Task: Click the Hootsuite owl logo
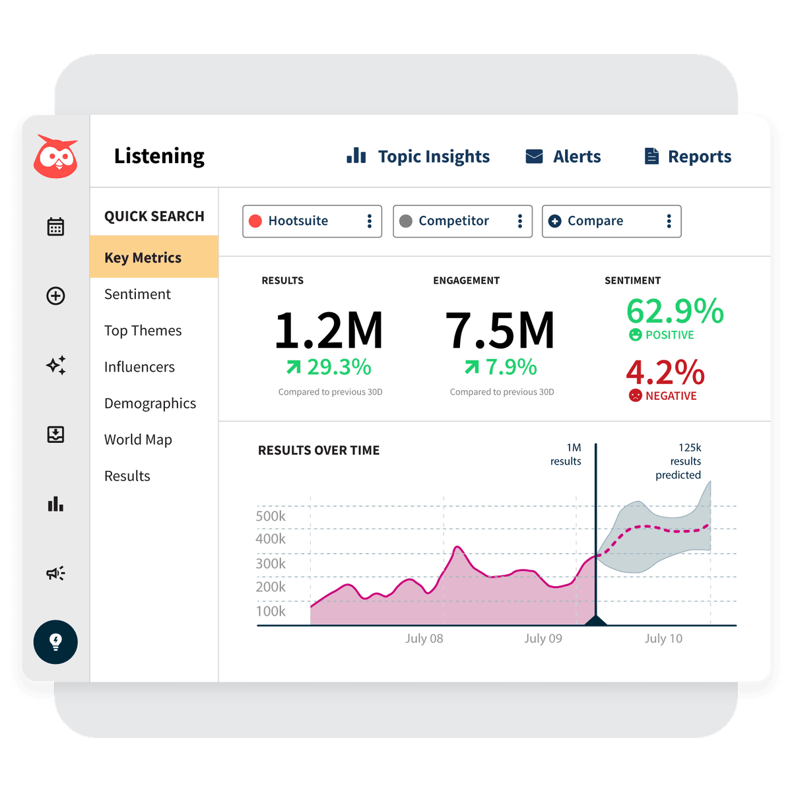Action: tap(55, 158)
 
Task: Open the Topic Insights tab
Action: tap(418, 156)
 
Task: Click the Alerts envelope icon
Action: tap(534, 156)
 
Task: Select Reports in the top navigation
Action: tap(688, 156)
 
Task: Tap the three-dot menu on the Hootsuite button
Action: tap(369, 221)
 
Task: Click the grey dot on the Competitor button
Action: tap(406, 221)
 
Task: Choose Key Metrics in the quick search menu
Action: tap(143, 257)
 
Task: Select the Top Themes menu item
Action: tap(143, 331)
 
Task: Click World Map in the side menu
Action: tap(138, 440)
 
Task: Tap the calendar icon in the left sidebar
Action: tap(55, 227)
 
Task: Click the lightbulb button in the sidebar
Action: tap(55, 642)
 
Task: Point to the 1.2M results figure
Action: tap(329, 331)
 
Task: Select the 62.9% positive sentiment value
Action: tap(675, 312)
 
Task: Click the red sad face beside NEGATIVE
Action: tap(635, 395)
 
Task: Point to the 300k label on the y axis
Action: tap(271, 564)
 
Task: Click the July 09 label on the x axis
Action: tap(543, 638)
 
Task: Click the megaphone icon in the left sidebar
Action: tap(55, 573)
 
